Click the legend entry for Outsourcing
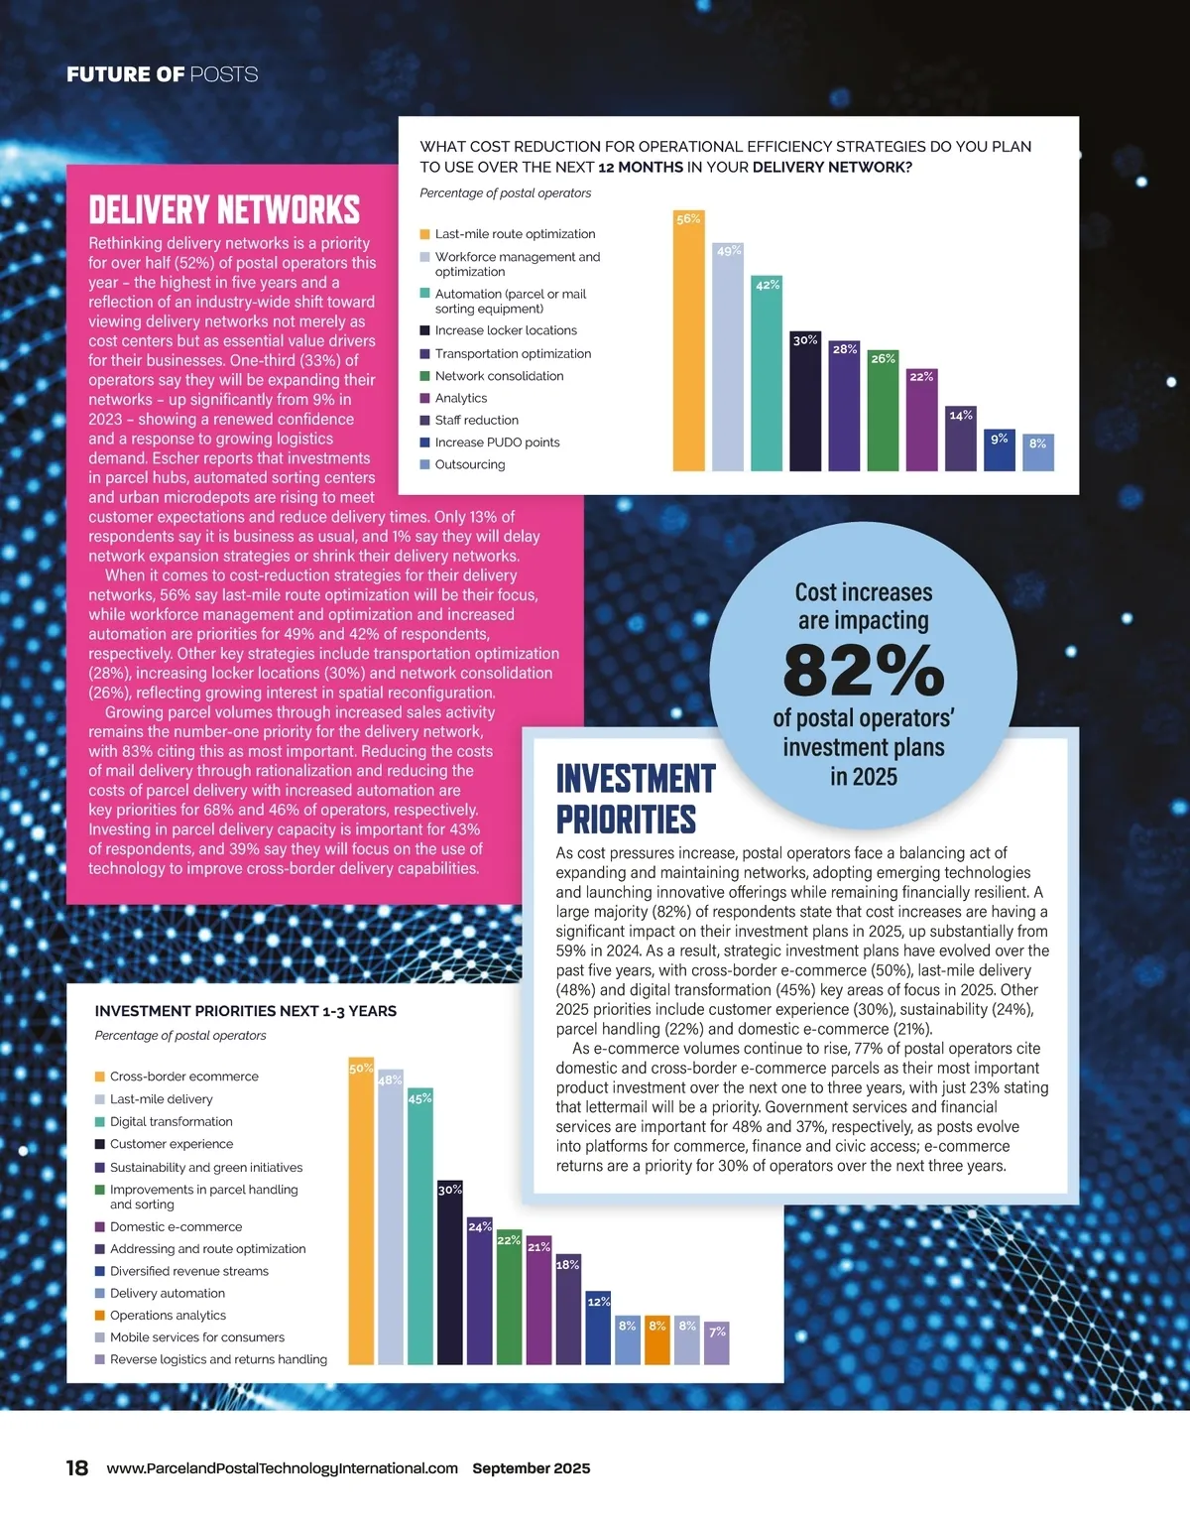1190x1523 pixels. click(469, 464)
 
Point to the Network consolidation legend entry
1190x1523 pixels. click(498, 376)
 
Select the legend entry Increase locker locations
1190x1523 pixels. click(505, 330)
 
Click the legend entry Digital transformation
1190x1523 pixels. click(171, 1122)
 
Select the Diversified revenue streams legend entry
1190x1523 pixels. click(188, 1271)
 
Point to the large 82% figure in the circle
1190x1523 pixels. click(863, 671)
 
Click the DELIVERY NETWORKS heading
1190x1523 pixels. click(224, 210)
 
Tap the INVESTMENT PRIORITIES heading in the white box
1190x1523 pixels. click(635, 799)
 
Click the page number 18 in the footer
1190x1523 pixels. click(77, 1468)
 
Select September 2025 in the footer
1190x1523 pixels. click(531, 1468)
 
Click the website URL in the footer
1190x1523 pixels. click(282, 1468)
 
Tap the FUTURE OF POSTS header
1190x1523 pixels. click(162, 74)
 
